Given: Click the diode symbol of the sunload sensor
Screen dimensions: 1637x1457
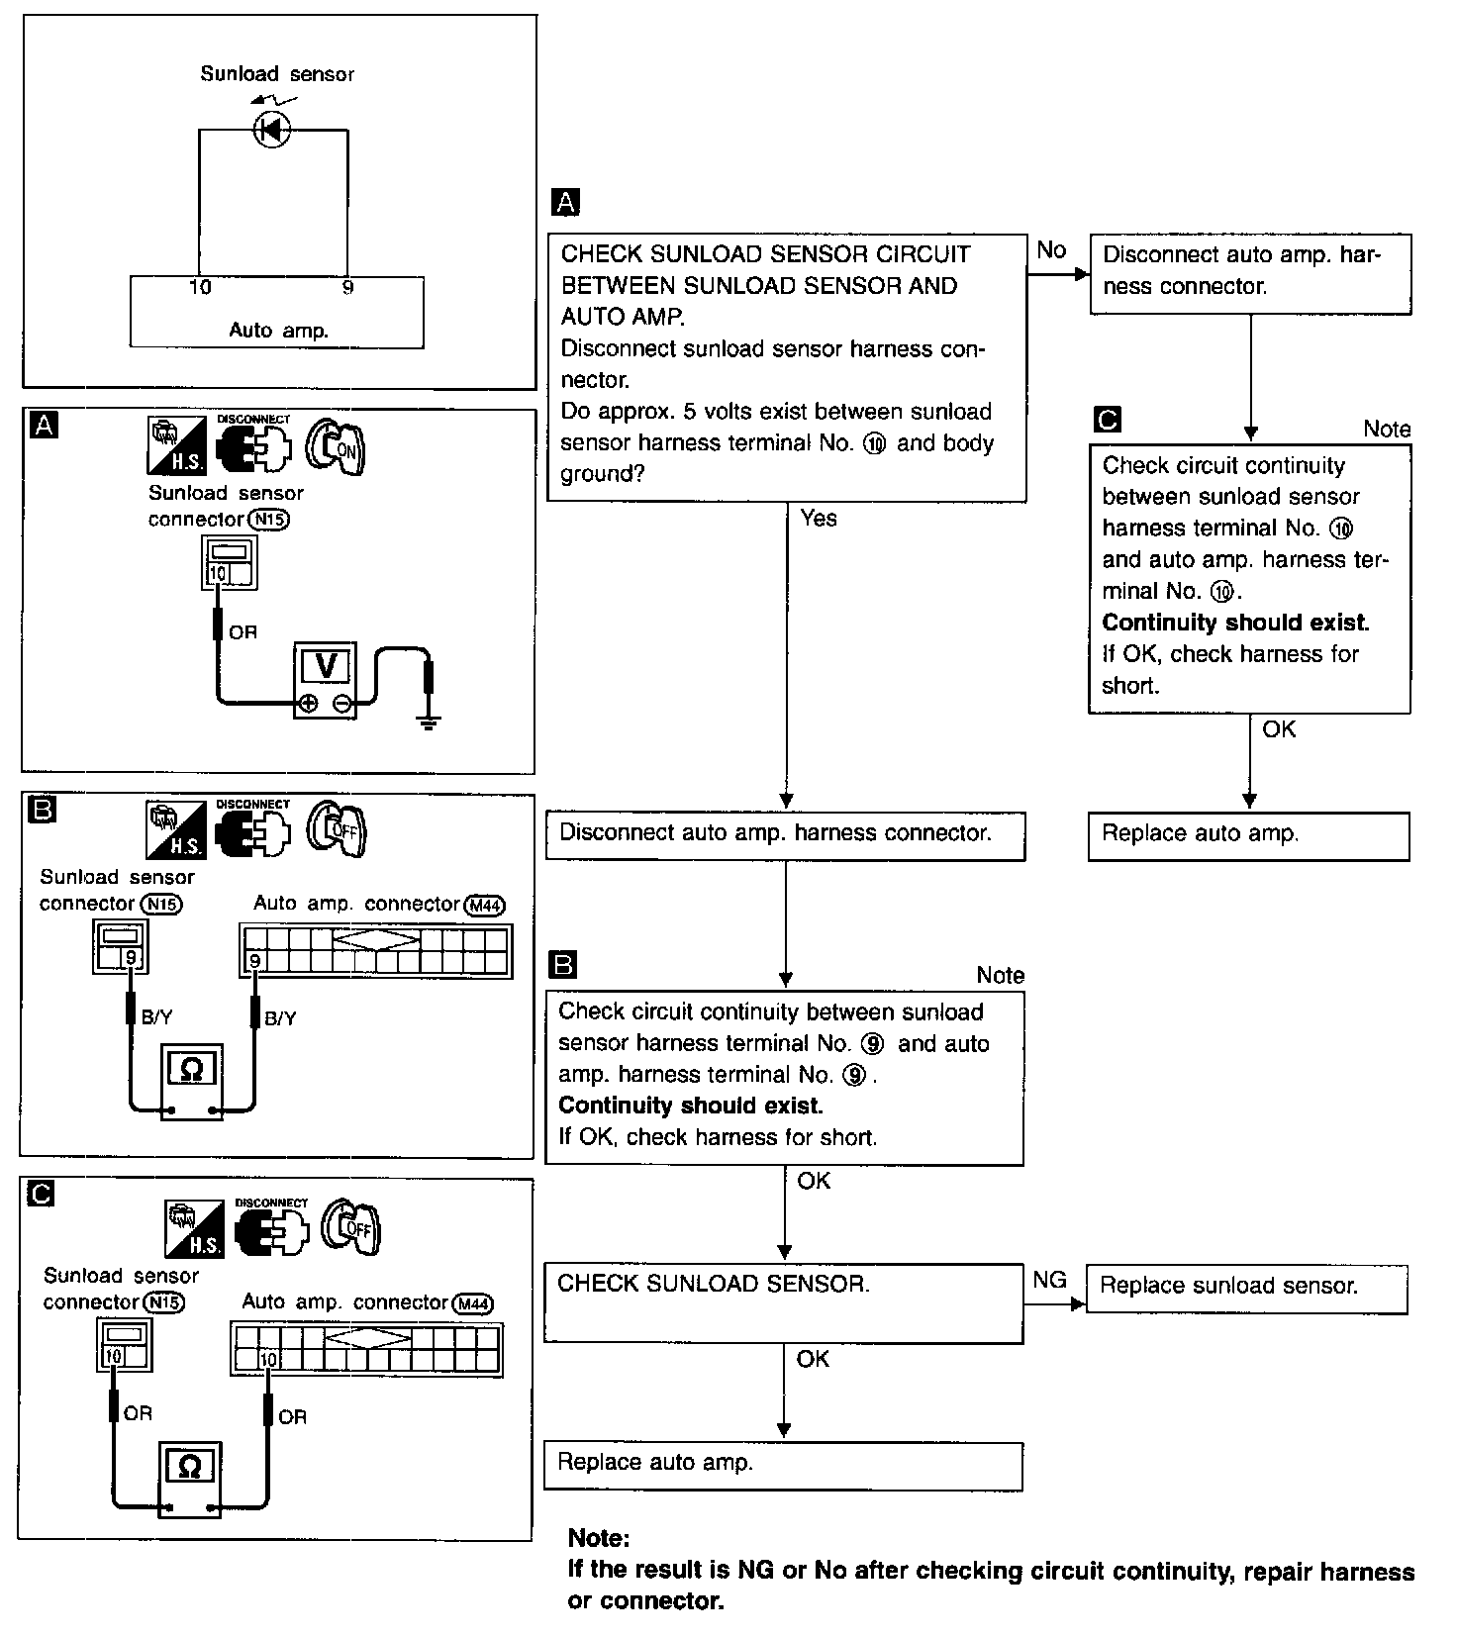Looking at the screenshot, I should [x=272, y=130].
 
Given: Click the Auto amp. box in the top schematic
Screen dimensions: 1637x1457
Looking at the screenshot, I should [x=277, y=313].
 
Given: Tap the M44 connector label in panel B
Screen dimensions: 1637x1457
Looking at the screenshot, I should [x=486, y=905].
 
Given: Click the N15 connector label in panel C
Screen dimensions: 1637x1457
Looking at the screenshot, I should [x=163, y=1302].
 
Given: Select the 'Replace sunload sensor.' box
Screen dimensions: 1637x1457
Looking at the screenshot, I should [x=1246, y=1288].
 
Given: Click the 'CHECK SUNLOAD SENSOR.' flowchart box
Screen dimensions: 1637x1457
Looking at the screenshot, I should [x=783, y=1302].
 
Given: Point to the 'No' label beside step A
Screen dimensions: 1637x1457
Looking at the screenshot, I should [x=1051, y=250].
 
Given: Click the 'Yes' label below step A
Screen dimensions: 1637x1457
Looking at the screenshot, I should [x=819, y=519].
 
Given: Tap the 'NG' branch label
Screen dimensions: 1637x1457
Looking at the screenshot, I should [x=1049, y=1281].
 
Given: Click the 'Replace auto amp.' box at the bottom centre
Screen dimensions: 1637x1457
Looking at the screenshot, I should [x=782, y=1465].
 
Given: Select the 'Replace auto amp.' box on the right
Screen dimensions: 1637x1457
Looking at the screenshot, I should [x=1248, y=835].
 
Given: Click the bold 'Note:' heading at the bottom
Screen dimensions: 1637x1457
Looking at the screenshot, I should [x=599, y=1538].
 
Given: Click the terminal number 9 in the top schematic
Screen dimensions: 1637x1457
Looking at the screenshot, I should [x=347, y=288].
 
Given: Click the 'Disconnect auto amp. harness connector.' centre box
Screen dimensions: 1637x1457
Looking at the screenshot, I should [x=785, y=834].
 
